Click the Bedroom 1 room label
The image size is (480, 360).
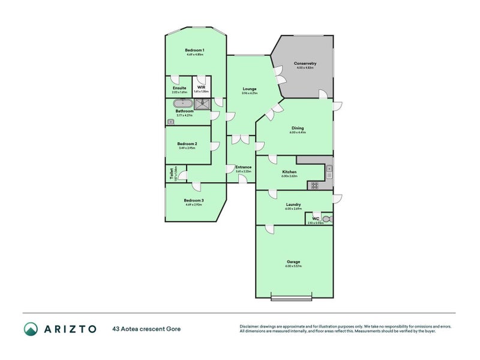point(194,50)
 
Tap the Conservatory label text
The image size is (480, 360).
point(305,63)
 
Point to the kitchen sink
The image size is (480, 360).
point(329,172)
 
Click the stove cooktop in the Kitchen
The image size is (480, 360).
point(314,186)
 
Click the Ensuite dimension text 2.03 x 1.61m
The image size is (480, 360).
point(179,92)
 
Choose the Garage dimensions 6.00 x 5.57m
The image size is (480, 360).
point(293,266)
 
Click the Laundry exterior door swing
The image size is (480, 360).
point(337,198)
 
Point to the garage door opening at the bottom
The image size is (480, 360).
point(292,297)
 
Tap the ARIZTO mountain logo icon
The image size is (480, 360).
point(30,328)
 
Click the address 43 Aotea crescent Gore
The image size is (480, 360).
point(146,329)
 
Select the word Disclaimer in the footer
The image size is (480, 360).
point(251,326)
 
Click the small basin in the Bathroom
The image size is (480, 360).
point(170,121)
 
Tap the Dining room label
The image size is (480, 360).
point(298,128)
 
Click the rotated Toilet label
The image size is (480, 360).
point(172,173)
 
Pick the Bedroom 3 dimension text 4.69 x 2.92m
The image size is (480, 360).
point(194,205)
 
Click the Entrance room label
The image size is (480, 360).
point(243,167)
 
